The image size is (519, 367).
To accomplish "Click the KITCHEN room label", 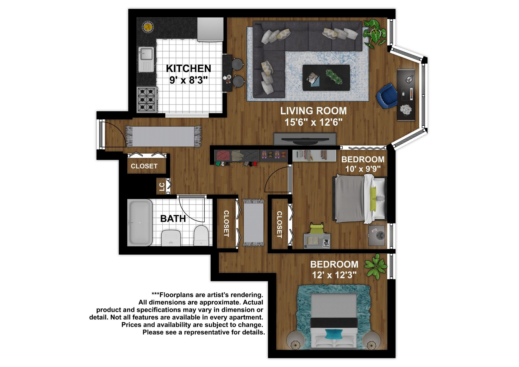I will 188,68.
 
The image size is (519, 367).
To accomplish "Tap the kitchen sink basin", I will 146,54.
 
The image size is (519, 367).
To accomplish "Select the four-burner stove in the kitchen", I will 147,99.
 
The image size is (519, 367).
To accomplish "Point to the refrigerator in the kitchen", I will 210,29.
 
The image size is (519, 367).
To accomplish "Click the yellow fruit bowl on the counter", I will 148,27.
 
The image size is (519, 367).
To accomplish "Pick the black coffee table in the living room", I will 326,78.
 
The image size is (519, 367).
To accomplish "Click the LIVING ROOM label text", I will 313,111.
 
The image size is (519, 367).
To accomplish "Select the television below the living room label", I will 305,139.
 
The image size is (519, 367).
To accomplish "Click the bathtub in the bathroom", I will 139,222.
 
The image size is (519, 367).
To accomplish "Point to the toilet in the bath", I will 201,235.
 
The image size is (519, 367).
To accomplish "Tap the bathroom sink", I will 171,238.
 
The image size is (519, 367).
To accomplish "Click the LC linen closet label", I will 162,187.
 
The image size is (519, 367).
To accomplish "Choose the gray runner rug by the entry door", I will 163,136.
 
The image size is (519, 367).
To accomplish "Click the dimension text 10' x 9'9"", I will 363,169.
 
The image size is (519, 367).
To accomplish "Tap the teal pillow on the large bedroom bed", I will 333,334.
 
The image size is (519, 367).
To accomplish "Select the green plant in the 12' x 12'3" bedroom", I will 376,266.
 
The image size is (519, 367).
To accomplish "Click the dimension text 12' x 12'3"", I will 334,275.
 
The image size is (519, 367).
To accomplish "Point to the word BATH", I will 173,219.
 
